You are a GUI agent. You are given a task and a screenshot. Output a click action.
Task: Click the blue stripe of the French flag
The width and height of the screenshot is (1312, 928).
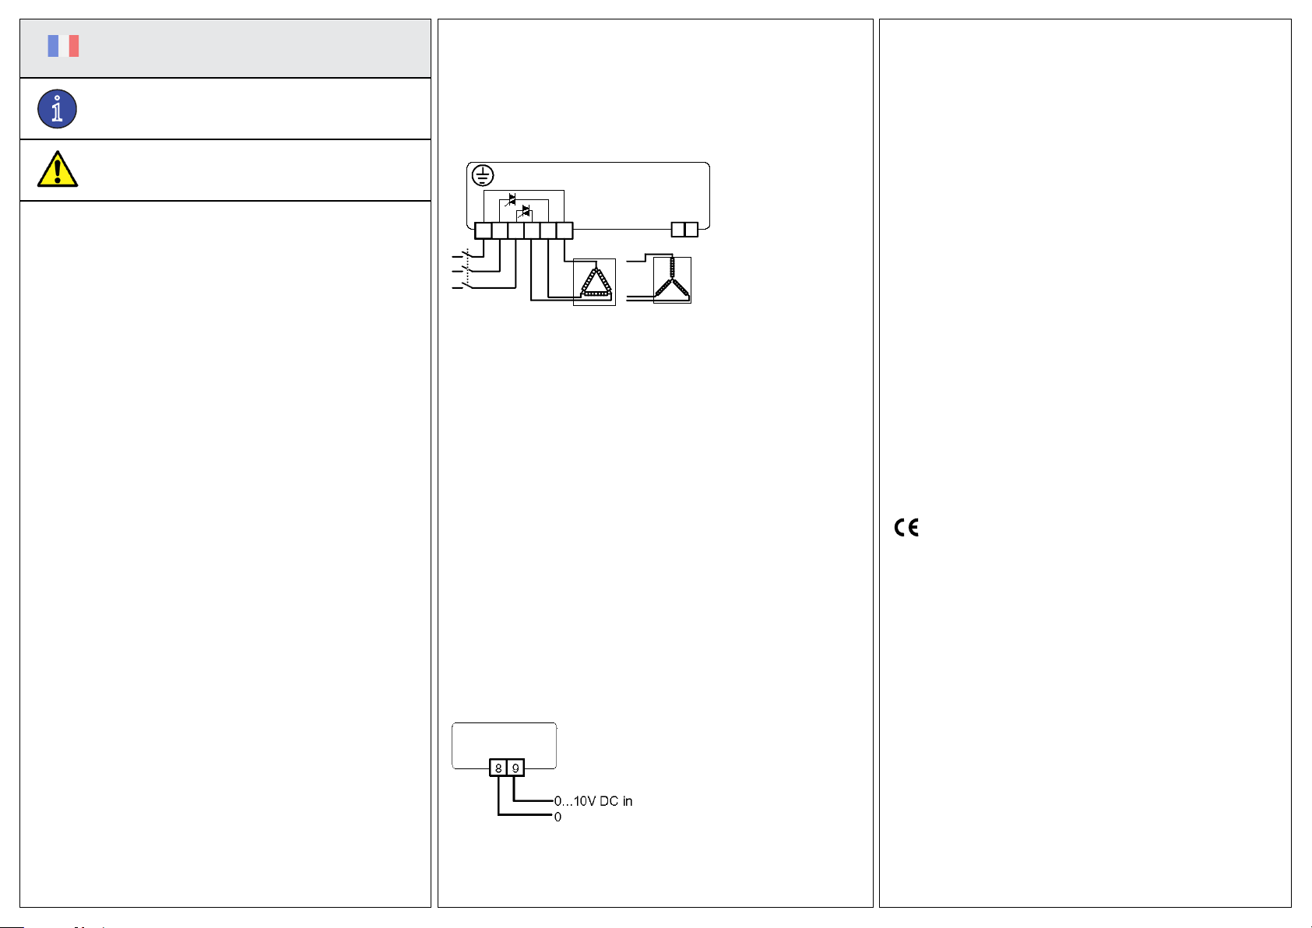53,46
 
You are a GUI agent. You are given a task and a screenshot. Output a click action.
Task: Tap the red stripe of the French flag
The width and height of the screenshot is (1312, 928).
74,46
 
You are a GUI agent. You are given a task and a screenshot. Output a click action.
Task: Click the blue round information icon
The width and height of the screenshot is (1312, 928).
57,109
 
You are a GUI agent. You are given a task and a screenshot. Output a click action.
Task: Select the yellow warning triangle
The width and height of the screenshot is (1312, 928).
57,170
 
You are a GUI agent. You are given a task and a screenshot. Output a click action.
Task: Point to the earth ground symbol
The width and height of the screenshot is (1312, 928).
483,175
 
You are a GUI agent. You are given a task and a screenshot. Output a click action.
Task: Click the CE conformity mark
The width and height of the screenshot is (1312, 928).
906,528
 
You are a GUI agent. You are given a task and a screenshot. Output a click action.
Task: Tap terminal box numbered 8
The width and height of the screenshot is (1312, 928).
498,768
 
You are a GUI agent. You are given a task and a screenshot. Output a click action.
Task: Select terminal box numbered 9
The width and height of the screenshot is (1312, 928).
515,768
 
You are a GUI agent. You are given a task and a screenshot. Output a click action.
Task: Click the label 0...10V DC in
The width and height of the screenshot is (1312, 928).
593,801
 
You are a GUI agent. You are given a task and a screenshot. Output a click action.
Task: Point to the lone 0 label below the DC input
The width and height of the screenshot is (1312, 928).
558,817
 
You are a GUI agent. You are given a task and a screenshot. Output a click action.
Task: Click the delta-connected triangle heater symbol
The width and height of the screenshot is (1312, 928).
596,283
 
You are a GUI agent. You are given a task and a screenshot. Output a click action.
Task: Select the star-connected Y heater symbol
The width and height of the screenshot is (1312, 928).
672,281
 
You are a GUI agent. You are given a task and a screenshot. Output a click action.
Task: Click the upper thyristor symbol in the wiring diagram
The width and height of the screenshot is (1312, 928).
512,200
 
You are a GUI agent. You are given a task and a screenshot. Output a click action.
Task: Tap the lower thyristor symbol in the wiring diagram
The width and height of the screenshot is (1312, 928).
526,212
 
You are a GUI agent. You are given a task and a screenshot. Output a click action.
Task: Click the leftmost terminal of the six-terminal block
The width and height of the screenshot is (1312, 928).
483,230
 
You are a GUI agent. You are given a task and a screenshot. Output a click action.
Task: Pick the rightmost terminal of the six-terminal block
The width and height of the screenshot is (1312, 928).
565,230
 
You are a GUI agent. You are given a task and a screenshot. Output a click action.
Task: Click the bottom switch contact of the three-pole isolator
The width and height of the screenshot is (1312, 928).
465,287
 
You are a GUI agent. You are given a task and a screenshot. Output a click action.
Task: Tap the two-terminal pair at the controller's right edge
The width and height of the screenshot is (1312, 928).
684,230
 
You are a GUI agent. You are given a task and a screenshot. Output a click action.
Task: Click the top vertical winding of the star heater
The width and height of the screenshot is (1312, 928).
672,269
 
